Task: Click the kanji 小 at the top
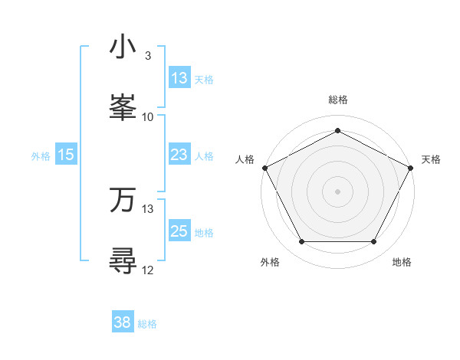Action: [123, 47]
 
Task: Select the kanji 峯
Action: [123, 108]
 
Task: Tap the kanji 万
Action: [123, 201]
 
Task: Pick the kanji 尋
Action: [123, 261]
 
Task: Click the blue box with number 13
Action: [179, 78]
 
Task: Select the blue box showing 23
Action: [179, 155]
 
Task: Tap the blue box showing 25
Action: [179, 231]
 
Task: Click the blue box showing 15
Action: [66, 155]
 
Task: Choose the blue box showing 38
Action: [123, 322]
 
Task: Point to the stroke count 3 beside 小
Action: [147, 56]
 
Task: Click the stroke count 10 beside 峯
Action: [148, 116]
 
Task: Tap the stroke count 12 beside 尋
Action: [148, 270]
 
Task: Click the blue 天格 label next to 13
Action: [204, 79]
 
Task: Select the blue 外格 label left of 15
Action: [41, 155]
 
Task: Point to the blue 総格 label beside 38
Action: [147, 323]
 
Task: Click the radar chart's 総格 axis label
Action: [337, 100]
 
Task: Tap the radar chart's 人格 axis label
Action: [245, 159]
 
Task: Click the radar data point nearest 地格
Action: [374, 242]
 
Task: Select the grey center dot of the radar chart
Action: [337, 191]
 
